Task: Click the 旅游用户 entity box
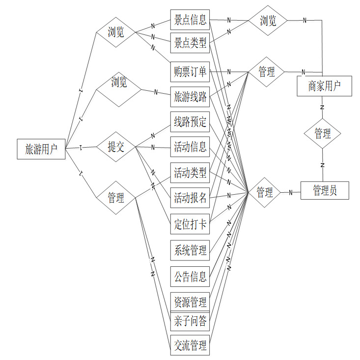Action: click(41, 149)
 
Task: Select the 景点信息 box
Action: click(190, 20)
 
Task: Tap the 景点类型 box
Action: click(190, 44)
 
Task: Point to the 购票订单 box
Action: click(190, 72)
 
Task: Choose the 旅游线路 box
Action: click(190, 97)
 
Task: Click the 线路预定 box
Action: click(190, 122)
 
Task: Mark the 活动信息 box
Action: click(190, 147)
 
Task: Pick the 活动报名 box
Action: click(190, 199)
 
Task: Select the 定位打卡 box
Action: click(190, 225)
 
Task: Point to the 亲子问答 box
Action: click(190, 322)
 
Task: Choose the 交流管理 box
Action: click(190, 345)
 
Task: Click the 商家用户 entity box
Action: click(325, 86)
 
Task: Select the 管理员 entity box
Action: click(325, 190)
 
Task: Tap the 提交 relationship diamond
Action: click(116, 147)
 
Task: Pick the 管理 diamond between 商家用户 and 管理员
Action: click(323, 133)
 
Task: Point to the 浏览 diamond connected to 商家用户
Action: click(268, 21)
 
